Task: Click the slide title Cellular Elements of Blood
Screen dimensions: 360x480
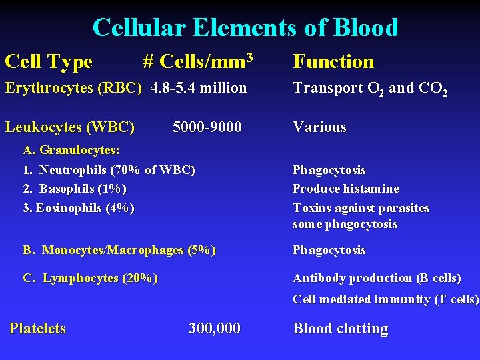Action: (245, 27)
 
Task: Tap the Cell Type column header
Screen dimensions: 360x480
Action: (49, 62)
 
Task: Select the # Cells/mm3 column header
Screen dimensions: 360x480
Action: (197, 62)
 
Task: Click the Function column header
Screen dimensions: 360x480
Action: (333, 62)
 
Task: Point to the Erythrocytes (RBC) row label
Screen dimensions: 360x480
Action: (73, 88)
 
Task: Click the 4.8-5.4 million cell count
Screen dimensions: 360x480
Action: (199, 88)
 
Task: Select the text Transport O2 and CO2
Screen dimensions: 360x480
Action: (369, 89)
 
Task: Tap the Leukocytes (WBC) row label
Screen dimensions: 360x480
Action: (70, 127)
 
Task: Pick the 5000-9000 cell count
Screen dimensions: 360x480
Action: (207, 127)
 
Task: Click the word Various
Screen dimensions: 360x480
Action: (319, 127)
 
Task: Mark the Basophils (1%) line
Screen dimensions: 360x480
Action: (75, 189)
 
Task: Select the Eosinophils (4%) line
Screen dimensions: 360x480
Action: (79, 208)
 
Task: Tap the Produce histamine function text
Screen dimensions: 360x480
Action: (346, 189)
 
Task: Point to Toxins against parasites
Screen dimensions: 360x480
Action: (361, 208)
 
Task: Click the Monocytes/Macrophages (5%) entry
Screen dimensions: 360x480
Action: (119, 250)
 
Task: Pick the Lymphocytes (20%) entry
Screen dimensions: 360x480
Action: (91, 278)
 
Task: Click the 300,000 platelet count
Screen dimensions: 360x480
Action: (214, 328)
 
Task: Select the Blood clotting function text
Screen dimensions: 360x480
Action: (340, 328)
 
